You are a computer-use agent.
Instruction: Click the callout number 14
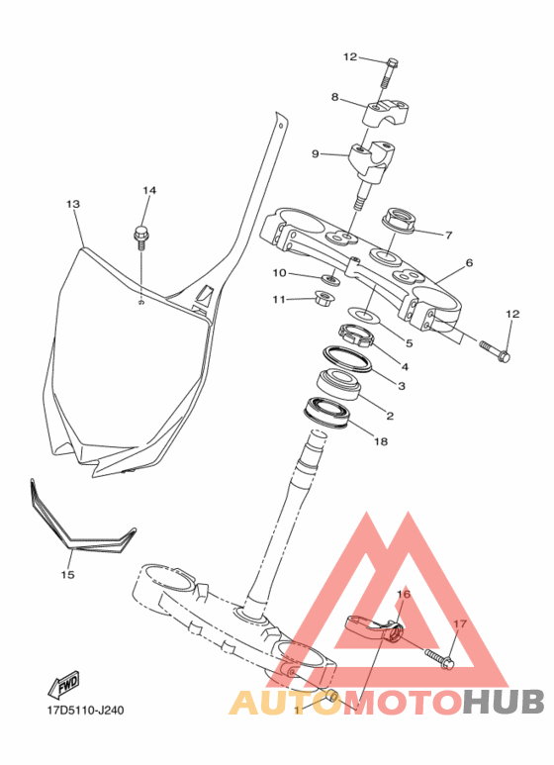point(149,190)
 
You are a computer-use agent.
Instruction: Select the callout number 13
point(73,204)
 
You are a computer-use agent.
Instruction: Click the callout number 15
point(68,574)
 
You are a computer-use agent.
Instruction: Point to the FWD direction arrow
point(64,685)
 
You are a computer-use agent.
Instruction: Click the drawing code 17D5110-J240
point(85,710)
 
